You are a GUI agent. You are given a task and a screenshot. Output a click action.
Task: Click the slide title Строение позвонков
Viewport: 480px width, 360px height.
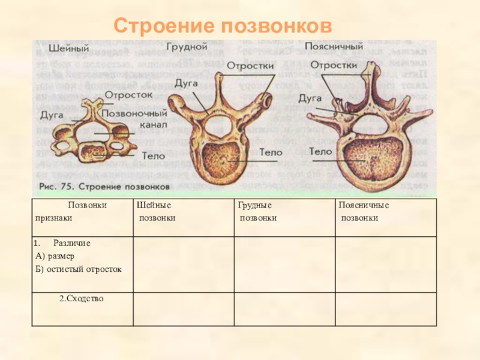pos(223,26)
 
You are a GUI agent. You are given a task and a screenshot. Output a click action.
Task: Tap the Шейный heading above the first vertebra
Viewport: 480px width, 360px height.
pos(65,47)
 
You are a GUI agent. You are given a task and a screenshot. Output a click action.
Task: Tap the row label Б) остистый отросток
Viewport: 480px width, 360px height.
pos(79,269)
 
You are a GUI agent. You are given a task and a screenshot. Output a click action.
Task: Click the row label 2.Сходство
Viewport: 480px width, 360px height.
pos(81,298)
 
